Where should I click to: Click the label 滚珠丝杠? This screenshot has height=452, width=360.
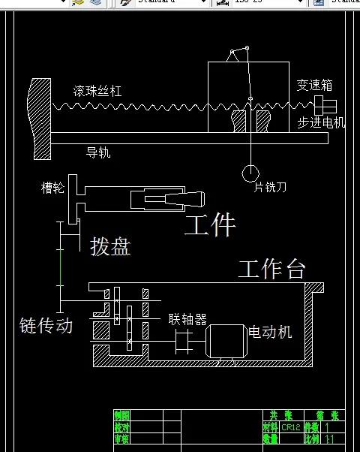click(97, 91)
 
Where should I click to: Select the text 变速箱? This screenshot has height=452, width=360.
click(313, 85)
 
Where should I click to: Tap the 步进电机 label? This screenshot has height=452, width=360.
click(321, 122)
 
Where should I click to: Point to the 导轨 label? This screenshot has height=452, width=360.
click(98, 152)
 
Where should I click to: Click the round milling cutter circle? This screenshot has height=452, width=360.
click(250, 173)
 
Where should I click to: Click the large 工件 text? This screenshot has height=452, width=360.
click(210, 224)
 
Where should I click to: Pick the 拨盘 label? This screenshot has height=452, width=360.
click(110, 246)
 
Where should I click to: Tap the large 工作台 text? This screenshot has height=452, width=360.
click(271, 269)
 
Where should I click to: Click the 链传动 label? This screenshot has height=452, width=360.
click(46, 325)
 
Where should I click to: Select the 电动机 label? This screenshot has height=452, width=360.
click(270, 331)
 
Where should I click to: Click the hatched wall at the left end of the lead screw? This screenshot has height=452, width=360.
click(40, 119)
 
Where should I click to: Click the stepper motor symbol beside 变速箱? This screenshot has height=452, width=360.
click(326, 103)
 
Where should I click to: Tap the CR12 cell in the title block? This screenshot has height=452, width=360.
click(291, 427)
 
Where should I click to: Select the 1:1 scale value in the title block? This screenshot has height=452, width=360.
click(330, 438)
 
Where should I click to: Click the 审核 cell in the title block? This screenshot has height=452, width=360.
click(121, 438)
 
